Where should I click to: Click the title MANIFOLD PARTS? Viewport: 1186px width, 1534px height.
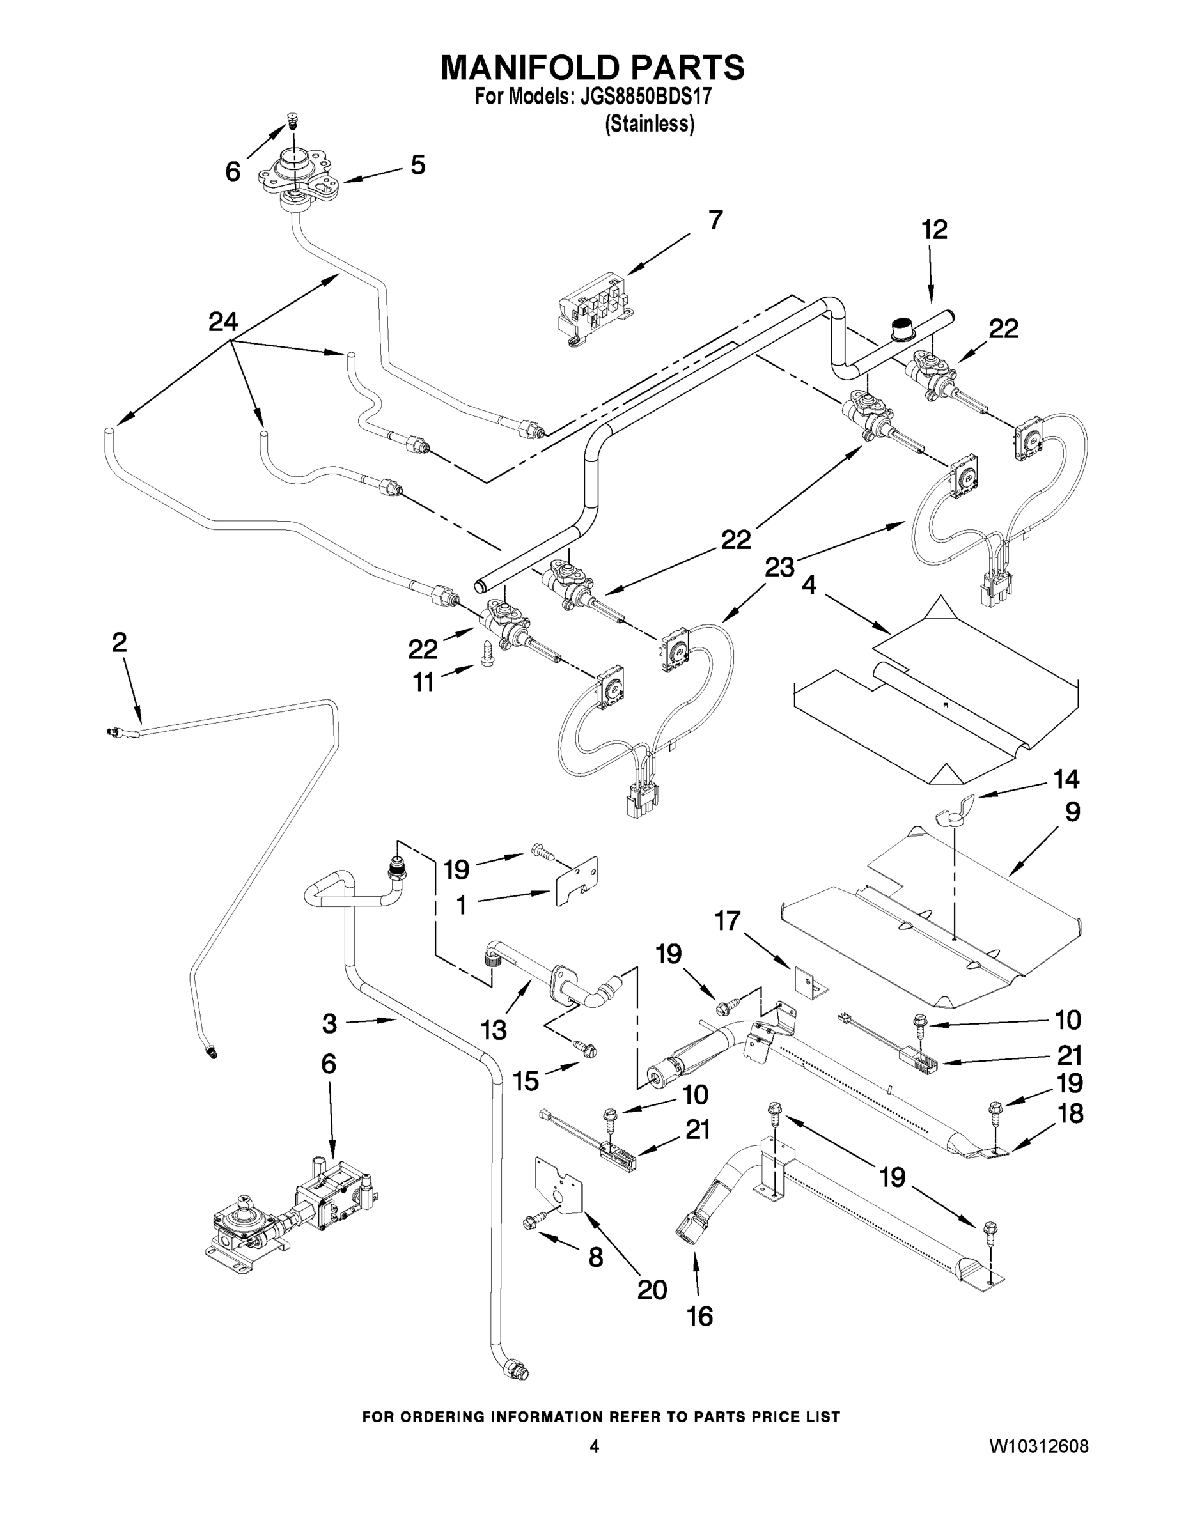[x=592, y=67]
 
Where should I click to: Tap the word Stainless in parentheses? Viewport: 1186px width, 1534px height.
[x=650, y=125]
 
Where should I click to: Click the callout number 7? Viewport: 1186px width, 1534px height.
[x=715, y=220]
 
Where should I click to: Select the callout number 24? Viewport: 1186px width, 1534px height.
[x=223, y=322]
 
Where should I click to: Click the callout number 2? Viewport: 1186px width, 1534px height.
[x=120, y=641]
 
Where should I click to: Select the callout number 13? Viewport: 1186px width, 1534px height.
[x=494, y=1030]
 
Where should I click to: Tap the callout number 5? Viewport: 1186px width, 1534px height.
[x=418, y=165]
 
